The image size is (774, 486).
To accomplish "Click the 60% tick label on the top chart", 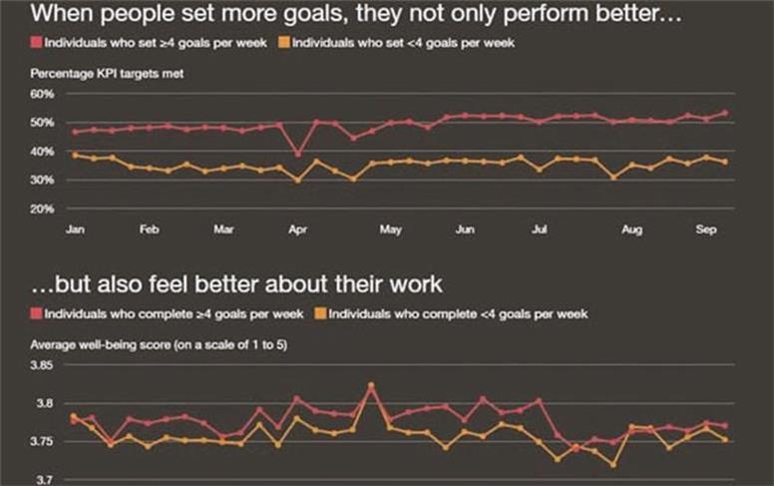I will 41,94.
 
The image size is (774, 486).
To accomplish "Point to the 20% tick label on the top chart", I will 41,210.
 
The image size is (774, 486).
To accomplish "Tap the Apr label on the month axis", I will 297,230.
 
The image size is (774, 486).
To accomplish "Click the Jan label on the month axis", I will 75,230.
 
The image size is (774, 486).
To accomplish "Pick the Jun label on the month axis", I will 465,230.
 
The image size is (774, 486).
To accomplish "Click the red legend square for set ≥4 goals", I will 37,45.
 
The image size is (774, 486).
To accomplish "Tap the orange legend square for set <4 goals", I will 283,45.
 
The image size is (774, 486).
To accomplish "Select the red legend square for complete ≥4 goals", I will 37,313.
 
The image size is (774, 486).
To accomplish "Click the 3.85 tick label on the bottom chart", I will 42,366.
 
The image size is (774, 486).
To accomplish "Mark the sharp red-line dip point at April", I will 297,154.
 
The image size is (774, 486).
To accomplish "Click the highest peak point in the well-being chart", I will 371,384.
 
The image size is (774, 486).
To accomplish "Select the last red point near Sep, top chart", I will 724,113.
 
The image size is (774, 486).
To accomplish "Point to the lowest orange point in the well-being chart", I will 612,464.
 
